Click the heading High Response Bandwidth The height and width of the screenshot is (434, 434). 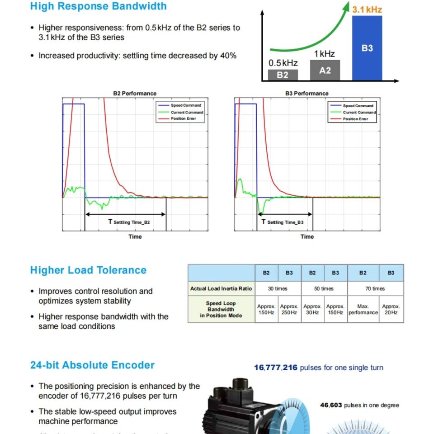click(x=98, y=6)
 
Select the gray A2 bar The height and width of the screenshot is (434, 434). click(x=325, y=70)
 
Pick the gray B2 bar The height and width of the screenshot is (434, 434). click(x=283, y=75)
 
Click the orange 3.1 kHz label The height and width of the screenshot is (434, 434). click(x=367, y=9)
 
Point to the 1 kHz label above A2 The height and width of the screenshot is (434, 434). click(x=324, y=54)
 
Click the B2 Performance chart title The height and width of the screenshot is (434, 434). click(x=135, y=94)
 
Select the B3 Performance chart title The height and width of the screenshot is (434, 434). click(x=307, y=94)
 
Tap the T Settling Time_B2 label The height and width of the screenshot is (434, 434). click(x=129, y=222)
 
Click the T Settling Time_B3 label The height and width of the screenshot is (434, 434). click(x=283, y=222)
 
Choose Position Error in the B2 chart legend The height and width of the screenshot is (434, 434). click(x=183, y=119)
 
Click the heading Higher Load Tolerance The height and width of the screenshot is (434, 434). click(x=88, y=270)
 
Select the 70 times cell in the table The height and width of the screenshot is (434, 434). click(x=375, y=288)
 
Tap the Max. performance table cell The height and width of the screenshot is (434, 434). click(x=363, y=309)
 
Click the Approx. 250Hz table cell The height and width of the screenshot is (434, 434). click(x=289, y=309)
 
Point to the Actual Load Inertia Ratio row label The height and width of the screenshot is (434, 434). click(x=221, y=288)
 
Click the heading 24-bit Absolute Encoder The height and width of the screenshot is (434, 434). click(x=92, y=365)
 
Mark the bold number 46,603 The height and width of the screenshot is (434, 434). click(x=331, y=405)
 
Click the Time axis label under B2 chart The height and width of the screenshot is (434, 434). click(x=135, y=236)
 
